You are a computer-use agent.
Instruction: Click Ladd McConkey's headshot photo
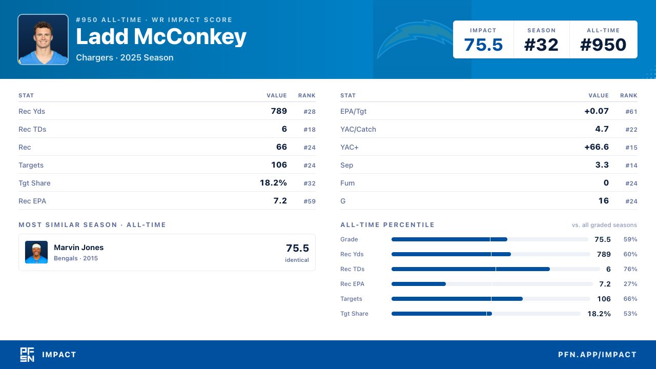click(43, 39)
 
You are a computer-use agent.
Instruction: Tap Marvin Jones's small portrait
click(36, 252)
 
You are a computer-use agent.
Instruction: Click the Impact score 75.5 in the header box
click(483, 45)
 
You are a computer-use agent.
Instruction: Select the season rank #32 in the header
click(541, 45)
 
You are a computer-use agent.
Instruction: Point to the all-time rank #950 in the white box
click(603, 45)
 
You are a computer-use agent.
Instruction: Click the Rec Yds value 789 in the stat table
click(279, 111)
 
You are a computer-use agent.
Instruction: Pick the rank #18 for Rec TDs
click(310, 130)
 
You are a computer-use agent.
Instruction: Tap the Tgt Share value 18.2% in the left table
click(273, 183)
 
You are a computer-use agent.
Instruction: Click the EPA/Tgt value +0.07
click(597, 111)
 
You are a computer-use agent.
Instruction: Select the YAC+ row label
click(350, 147)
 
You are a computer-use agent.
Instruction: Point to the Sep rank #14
click(631, 166)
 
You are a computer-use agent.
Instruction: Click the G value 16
click(604, 200)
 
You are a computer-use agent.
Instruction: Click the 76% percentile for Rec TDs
click(630, 269)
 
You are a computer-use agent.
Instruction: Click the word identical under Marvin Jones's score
click(297, 260)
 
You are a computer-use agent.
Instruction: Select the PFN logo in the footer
click(27, 355)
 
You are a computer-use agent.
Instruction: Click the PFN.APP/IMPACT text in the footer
click(598, 355)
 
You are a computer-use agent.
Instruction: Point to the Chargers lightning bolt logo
click(415, 38)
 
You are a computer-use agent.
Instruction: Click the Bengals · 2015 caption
click(76, 258)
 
